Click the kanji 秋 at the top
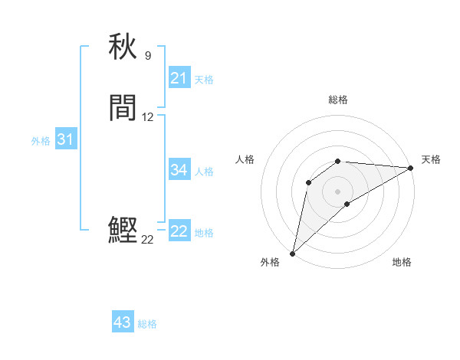tap(123, 47)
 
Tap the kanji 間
tap(123, 109)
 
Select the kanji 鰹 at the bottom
tap(123, 230)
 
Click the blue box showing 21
tap(179, 78)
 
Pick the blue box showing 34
tap(179, 170)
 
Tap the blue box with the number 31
tap(65, 139)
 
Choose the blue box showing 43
tap(123, 322)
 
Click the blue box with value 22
tap(179, 231)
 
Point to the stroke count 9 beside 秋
tap(148, 55)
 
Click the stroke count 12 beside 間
tap(148, 117)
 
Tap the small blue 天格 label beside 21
tap(204, 80)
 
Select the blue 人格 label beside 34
tap(204, 172)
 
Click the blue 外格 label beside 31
tap(41, 141)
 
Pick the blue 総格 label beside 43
tap(147, 324)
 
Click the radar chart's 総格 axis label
tap(338, 100)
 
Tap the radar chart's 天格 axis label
tap(431, 159)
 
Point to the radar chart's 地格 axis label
tap(402, 262)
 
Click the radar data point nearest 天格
tap(411, 168)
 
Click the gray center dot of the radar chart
tap(338, 191)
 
